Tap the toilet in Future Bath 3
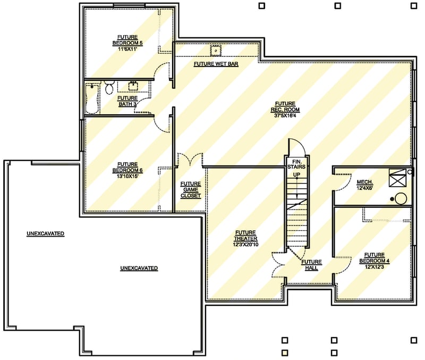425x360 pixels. point(109,88)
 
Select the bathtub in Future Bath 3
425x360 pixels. point(93,97)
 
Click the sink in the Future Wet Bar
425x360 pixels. point(216,51)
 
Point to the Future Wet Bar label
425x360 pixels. point(216,64)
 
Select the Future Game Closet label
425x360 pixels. point(190,189)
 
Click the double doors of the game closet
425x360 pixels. point(190,160)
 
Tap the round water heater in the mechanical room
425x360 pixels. point(401,199)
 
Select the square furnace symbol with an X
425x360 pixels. point(397,178)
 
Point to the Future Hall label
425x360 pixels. point(312,265)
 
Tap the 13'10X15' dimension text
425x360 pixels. point(127,176)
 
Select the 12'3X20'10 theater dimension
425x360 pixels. point(245,245)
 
